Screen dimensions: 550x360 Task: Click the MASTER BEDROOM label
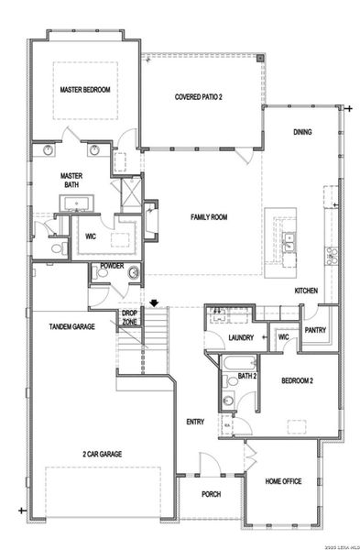click(x=84, y=90)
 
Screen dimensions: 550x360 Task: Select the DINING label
click(x=302, y=132)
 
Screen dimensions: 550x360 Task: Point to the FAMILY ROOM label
click(x=209, y=217)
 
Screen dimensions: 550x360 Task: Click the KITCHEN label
click(x=306, y=291)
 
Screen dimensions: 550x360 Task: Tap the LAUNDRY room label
click(x=241, y=338)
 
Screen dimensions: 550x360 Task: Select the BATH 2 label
click(x=246, y=376)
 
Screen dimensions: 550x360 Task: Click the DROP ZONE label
click(x=130, y=318)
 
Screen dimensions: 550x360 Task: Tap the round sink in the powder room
click(x=133, y=272)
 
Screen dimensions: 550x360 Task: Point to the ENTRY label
click(x=195, y=422)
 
